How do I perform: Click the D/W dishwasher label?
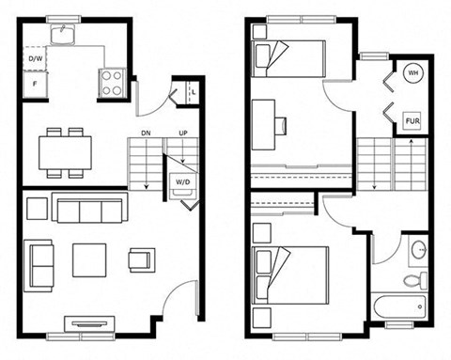36,58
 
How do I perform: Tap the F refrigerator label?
35,84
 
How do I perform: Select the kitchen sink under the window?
63,35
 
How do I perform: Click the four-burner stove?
112,83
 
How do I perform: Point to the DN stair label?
146,133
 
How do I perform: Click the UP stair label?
183,133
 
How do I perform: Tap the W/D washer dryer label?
183,182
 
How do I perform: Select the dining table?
65,153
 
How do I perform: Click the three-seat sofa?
90,208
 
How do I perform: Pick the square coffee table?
89,260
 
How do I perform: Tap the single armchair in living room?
142,260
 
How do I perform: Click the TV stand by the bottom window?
89,323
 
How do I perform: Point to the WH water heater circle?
412,73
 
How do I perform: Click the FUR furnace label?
412,120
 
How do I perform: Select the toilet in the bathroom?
415,280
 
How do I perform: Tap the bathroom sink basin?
419,250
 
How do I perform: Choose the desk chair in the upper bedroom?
281,126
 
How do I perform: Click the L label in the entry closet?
194,92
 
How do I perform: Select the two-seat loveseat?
39,266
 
